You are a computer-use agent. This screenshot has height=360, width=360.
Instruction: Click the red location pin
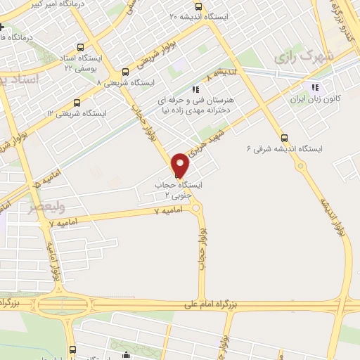pos(181,164)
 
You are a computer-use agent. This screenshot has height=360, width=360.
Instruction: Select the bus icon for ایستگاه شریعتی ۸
pos(126,72)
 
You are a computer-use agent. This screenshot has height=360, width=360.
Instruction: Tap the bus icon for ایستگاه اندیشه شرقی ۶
pos(284,138)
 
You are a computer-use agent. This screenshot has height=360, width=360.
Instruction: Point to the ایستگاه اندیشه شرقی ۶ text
pos(284,149)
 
